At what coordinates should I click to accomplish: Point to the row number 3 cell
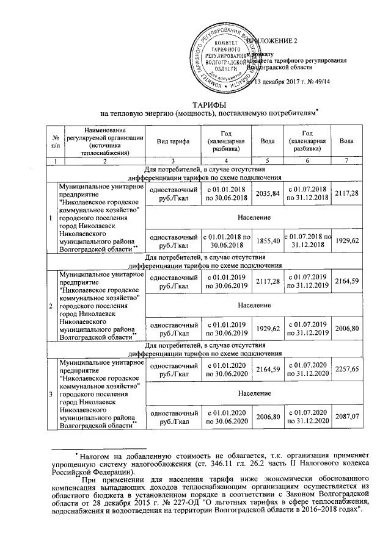pyautogui.click(x=52, y=390)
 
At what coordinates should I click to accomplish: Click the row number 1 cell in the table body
pyautogui.click(x=52, y=217)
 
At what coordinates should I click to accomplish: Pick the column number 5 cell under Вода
pyautogui.click(x=267, y=160)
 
